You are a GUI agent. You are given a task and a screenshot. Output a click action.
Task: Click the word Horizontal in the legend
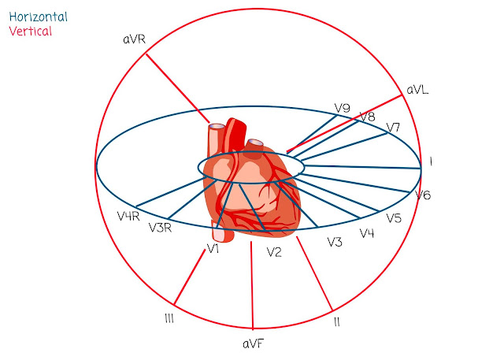tap(37, 17)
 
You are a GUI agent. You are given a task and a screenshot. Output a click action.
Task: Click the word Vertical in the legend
tap(30, 32)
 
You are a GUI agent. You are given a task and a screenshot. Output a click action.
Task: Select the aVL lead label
tap(417, 91)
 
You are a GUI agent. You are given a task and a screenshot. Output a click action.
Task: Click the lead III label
tap(169, 318)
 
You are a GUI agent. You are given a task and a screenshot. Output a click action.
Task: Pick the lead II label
tap(337, 321)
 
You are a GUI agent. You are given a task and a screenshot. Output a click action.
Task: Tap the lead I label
tap(431, 161)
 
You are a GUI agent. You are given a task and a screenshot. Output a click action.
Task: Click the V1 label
tap(212, 249)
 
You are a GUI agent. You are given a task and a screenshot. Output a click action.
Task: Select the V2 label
tap(274, 252)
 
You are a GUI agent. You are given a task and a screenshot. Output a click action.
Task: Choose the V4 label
tap(367, 233)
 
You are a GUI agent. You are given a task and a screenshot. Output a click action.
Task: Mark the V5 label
tap(394, 218)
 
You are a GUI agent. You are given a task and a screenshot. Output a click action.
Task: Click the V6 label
tap(423, 195)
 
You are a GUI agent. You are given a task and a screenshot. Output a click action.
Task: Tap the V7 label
tap(394, 128)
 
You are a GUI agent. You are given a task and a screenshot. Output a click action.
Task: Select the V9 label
tap(342, 108)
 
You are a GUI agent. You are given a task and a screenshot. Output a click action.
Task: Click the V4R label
tap(128, 216)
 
